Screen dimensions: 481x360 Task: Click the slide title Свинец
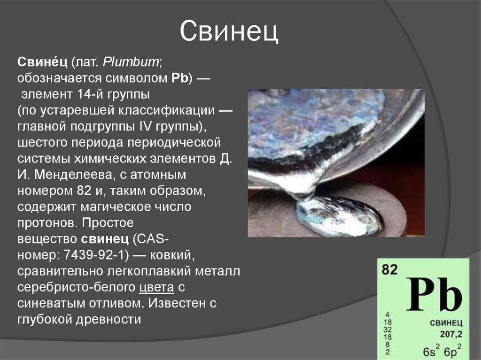pos(229,31)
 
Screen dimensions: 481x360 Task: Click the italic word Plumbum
pos(131,62)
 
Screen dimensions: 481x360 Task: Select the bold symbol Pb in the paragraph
pos(180,78)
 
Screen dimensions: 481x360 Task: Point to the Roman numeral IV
pos(146,126)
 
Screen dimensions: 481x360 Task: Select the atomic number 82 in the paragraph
pos(84,191)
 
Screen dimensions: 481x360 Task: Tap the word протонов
pos(46,222)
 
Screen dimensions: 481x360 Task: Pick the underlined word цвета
pos(157,287)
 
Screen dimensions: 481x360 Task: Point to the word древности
pos(109,320)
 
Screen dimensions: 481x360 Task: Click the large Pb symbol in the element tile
pos(434,294)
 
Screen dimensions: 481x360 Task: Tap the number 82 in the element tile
pos(389,269)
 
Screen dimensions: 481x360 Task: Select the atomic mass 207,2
pos(451,334)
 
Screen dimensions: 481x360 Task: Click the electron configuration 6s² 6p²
pos(442,351)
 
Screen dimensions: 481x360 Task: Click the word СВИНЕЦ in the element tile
pos(446,322)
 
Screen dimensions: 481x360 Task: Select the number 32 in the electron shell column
pos(388,329)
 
